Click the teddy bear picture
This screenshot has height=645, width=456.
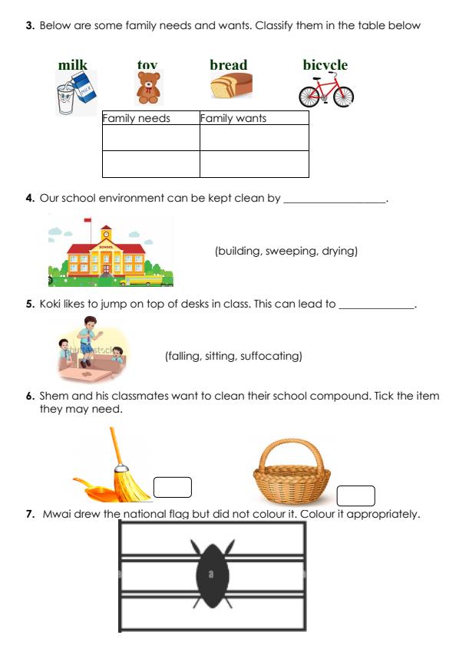[x=149, y=88]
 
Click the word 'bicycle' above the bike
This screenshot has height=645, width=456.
[x=325, y=65]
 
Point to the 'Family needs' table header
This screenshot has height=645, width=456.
[x=137, y=118]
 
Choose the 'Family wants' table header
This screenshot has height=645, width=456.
[x=233, y=118]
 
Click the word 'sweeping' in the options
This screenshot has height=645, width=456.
[x=289, y=251]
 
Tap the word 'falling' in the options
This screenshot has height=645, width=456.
[x=184, y=356]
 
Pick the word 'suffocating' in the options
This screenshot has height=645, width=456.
[x=269, y=356]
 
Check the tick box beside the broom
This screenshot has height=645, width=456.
[x=173, y=487]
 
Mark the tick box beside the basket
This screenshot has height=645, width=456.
[x=355, y=495]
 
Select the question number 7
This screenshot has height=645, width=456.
[x=31, y=514]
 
